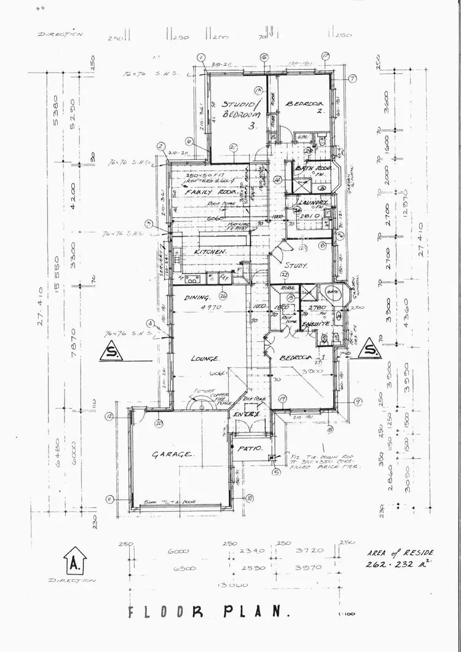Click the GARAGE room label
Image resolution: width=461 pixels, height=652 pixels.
(173, 455)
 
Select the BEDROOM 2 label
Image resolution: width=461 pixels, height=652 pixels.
(305, 107)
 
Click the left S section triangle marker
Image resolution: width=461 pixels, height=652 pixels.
(111, 352)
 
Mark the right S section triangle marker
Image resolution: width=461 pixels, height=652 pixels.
(369, 350)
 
